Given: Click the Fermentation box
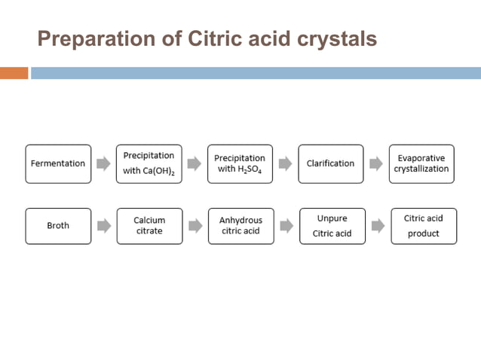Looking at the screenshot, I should pos(58,163).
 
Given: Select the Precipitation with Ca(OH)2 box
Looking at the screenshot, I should pos(149,163).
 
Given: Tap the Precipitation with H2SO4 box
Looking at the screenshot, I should pos(240,163).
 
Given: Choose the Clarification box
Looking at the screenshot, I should pos(330,163).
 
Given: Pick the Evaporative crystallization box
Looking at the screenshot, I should pos(421,163).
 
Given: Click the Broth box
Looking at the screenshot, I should pos(58,226).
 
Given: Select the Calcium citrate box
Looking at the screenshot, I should pos(149,226).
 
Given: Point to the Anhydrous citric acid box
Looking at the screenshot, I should pos(240,226).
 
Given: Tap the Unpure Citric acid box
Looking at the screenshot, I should pos(332,226).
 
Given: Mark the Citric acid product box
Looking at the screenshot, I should pos(423,226).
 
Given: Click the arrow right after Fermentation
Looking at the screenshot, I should pos(103,163).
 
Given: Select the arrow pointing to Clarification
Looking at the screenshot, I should pos(286,163).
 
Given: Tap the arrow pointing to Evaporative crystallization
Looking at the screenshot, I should pos(376,163).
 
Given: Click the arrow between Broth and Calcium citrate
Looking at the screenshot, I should pos(103,225).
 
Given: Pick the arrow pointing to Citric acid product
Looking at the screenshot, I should pos(378,225).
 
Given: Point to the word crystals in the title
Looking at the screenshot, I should pos(338,38).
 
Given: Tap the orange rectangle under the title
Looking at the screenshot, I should pos(14,73).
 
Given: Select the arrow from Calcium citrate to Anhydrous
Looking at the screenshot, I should pos(195,225).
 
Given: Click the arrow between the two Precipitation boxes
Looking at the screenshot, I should pos(195,163).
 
